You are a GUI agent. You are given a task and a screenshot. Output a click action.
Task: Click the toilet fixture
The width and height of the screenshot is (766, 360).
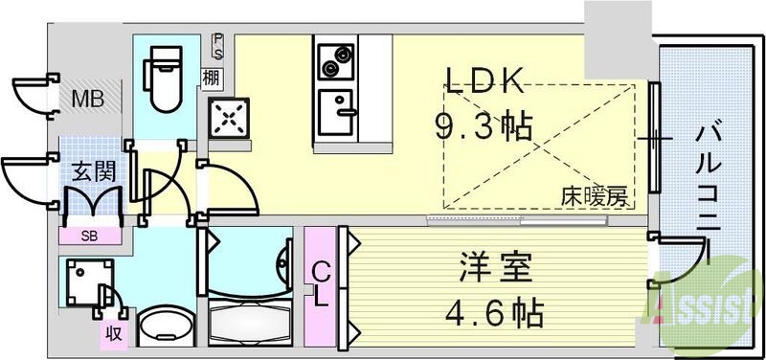[162, 77]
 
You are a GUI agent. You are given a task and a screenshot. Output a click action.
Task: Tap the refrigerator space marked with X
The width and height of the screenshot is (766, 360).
[230, 119]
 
